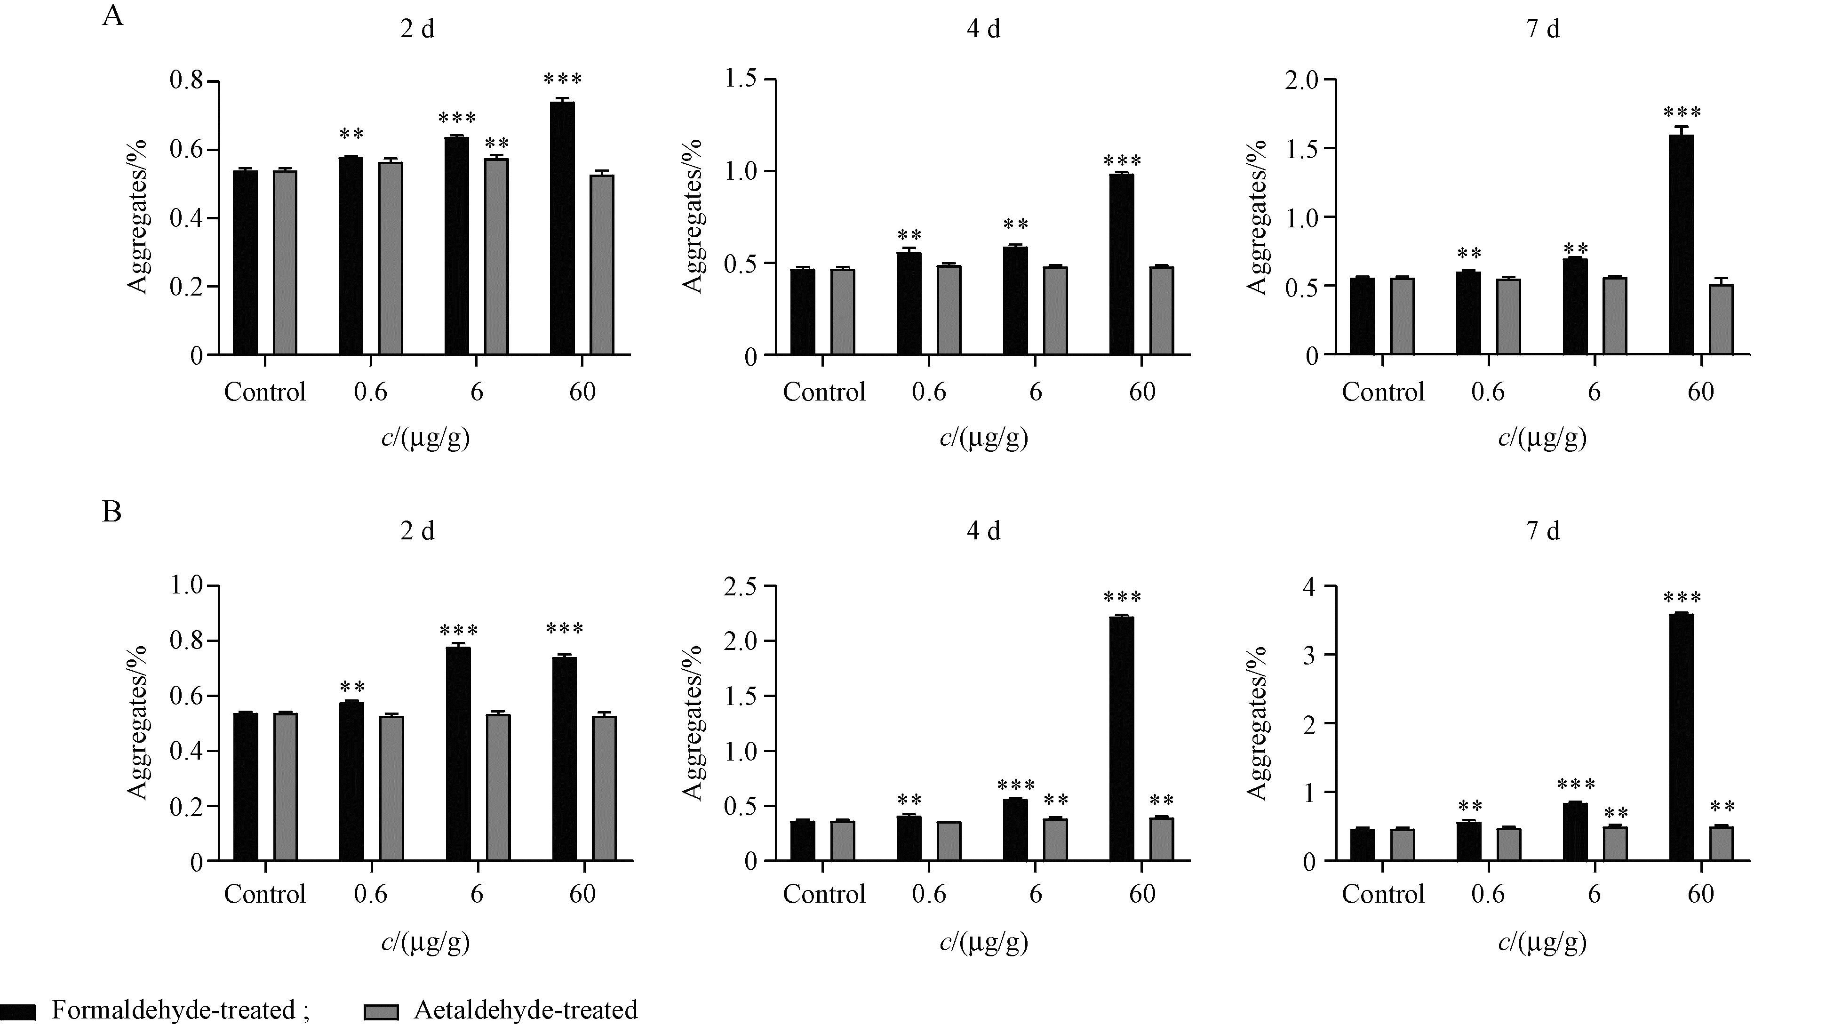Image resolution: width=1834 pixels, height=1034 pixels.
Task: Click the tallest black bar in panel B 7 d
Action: pos(1681,737)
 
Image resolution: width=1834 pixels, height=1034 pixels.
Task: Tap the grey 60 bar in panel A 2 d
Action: pos(602,265)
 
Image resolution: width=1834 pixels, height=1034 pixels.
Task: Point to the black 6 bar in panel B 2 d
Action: pos(458,753)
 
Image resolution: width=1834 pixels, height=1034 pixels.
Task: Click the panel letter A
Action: pos(112,16)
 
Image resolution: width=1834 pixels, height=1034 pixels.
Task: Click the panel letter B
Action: pos(112,511)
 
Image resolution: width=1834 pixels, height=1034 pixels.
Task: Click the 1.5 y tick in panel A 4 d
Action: pos(741,79)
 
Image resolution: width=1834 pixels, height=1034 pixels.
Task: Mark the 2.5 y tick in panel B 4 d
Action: pos(741,585)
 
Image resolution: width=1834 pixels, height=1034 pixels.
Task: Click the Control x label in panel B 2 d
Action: pos(265,894)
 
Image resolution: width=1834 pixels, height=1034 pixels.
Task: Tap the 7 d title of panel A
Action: pos(1543,29)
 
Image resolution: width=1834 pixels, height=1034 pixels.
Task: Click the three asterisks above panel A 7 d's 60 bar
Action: pos(1682,112)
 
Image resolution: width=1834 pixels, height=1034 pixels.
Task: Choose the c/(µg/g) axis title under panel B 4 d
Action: pos(984,942)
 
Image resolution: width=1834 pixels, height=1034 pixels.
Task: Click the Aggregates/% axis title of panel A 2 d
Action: pos(138,217)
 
